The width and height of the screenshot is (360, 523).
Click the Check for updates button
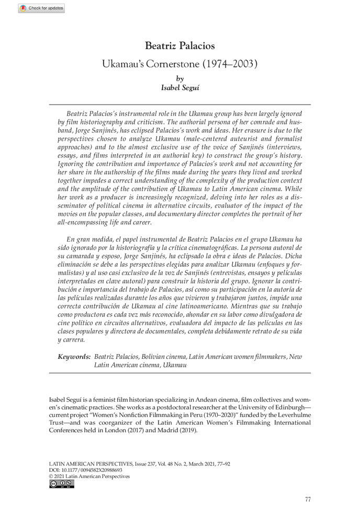click(x=41, y=8)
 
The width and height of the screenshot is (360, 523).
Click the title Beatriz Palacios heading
click(x=180, y=47)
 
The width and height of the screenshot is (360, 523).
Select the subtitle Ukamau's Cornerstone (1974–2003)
click(x=180, y=64)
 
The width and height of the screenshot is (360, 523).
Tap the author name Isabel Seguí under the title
click(x=180, y=88)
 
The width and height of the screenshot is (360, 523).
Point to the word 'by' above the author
click(x=180, y=78)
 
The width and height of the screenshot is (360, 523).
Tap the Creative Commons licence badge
click(x=61, y=484)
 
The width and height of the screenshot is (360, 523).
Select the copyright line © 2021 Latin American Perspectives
click(x=89, y=476)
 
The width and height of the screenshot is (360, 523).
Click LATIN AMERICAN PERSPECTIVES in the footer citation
click(x=88, y=463)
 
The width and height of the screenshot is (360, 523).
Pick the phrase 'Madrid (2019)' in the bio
click(x=176, y=431)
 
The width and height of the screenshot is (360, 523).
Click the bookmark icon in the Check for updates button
click(x=22, y=8)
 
